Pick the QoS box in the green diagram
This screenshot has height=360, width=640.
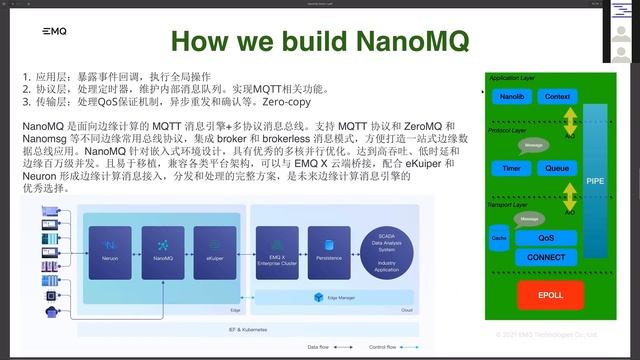(545, 238)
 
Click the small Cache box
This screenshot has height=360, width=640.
(499, 240)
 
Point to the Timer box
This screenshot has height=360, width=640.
(511, 169)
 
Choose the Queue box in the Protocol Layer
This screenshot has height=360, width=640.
(556, 169)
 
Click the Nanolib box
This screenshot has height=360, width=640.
(511, 97)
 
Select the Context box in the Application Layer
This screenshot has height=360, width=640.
(557, 97)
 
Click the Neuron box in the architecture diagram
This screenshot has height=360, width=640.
(110, 244)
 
